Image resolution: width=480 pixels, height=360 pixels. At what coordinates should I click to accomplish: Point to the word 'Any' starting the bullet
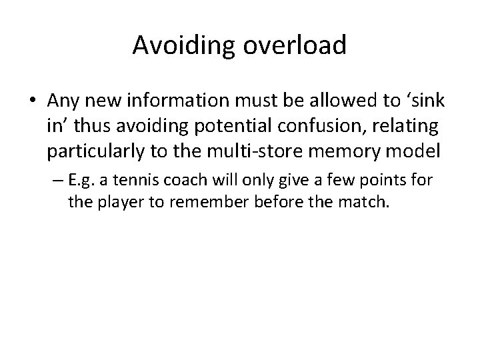tap(61, 101)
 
